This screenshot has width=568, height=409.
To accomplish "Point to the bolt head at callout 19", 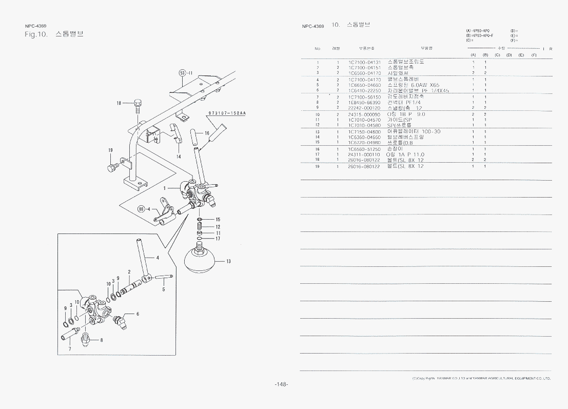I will (x=112, y=167).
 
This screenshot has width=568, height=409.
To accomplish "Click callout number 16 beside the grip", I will (x=207, y=133).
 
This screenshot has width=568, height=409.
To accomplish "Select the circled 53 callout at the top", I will (x=182, y=73).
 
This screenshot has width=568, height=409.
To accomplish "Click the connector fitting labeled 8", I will (x=87, y=338).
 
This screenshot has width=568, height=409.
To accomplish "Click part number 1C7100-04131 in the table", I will (x=364, y=62).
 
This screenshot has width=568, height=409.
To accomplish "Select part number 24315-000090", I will (x=364, y=114).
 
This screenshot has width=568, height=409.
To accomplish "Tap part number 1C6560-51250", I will (x=364, y=149).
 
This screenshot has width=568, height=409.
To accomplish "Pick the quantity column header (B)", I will (x=485, y=55).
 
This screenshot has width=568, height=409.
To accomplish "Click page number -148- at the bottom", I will (x=282, y=384).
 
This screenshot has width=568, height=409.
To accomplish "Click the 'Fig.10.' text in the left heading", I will (x=36, y=34).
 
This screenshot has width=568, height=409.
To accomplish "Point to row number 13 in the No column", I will (x=318, y=132).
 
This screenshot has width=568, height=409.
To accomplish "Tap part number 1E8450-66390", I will (x=364, y=102).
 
